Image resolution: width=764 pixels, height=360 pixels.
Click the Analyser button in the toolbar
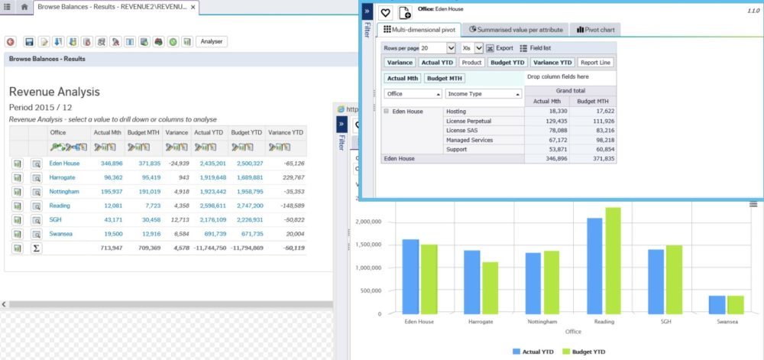tap(212, 41)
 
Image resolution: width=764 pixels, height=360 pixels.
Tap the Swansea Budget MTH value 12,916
tap(149, 234)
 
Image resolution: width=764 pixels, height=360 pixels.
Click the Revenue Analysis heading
tap(54, 92)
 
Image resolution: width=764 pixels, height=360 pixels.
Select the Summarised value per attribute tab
tap(517, 30)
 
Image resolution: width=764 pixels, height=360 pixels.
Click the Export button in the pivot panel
tap(500, 47)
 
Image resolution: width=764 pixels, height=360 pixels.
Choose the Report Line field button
tap(595, 63)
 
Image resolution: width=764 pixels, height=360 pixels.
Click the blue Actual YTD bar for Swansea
tap(717, 304)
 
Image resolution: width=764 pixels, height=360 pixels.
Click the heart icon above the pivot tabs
tap(386, 12)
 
